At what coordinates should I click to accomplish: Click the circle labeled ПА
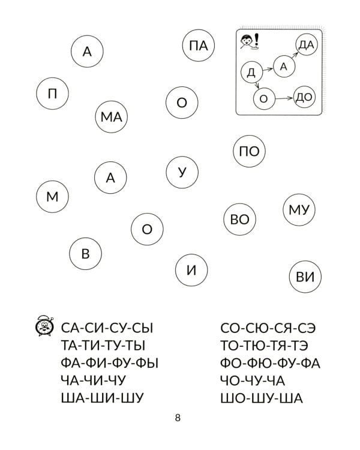197,46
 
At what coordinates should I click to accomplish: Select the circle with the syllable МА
111,117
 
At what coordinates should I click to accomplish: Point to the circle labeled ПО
248,151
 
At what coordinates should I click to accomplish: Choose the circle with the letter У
183,172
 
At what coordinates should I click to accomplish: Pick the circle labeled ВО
239,220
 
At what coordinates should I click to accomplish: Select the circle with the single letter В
85,254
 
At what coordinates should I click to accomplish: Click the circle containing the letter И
191,270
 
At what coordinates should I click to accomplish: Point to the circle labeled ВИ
305,277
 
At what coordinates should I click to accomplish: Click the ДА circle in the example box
306,45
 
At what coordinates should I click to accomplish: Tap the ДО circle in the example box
305,97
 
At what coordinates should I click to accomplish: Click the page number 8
178,418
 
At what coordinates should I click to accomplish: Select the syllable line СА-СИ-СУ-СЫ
107,328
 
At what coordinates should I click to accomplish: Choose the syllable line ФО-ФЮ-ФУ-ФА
271,363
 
